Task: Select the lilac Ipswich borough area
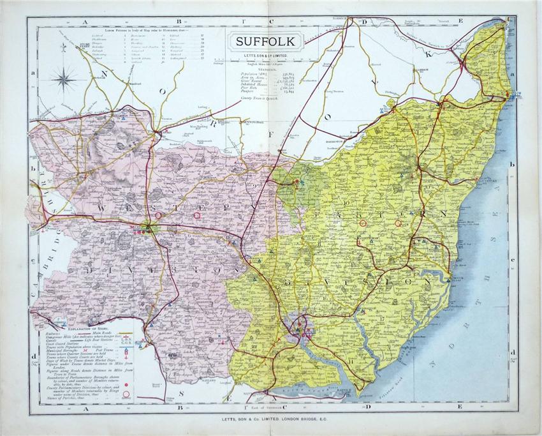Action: point(298,326)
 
